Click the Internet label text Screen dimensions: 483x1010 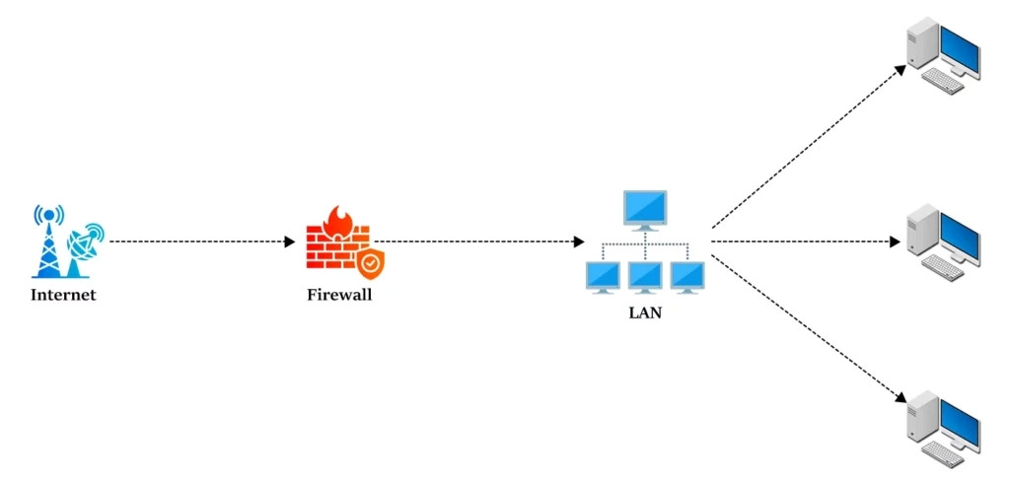point(63,295)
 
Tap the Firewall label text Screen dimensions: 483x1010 point(339,294)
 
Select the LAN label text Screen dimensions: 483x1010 point(645,313)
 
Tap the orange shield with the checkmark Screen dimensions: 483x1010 point(370,263)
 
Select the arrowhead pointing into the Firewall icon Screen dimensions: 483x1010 point(289,241)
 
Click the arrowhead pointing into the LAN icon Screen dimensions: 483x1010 point(578,241)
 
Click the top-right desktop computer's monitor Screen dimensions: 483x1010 point(959,50)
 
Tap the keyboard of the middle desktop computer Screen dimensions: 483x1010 point(942,267)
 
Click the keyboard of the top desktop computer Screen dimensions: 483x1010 point(942,83)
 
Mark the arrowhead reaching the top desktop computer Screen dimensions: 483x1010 point(900,69)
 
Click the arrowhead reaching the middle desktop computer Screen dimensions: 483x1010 point(896,241)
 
